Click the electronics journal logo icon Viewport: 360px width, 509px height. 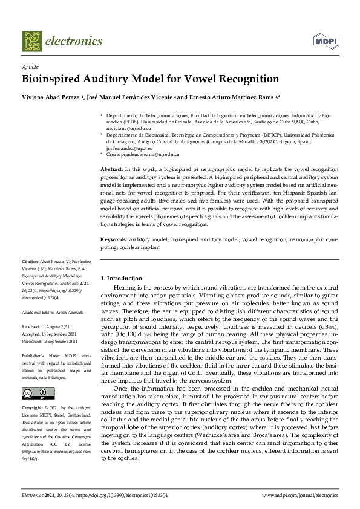click(x=33, y=41)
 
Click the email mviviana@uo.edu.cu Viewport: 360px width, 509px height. click(x=129, y=129)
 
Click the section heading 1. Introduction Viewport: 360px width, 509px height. click(x=121, y=278)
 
